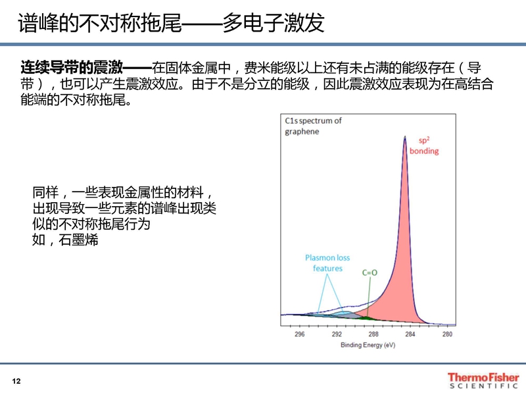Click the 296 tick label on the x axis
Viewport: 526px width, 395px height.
pos(300,334)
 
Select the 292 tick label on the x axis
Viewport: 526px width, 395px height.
pos(337,334)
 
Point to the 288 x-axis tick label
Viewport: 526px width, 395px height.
pos(373,334)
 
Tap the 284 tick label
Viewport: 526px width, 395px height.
pos(410,334)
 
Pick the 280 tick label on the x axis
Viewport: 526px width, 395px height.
pos(447,334)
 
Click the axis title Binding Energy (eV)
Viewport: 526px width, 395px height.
pos(368,345)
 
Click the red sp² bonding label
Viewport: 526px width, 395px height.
pos(424,145)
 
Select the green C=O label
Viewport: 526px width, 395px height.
pos(370,273)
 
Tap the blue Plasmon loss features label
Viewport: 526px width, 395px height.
pos(327,263)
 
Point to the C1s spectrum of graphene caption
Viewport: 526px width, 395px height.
pos(313,126)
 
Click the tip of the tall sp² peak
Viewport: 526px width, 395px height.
pos(405,136)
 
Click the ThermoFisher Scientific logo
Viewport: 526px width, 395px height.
pos(483,381)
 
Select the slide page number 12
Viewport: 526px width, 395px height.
pos(16,381)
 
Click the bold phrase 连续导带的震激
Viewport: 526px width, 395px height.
pos(72,68)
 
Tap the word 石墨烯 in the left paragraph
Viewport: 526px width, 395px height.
pos(78,240)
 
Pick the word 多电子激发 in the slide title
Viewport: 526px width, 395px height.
pos(273,23)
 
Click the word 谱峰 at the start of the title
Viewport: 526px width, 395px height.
pos(38,23)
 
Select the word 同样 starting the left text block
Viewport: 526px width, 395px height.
pos(45,193)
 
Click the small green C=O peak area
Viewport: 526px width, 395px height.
pos(367,318)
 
